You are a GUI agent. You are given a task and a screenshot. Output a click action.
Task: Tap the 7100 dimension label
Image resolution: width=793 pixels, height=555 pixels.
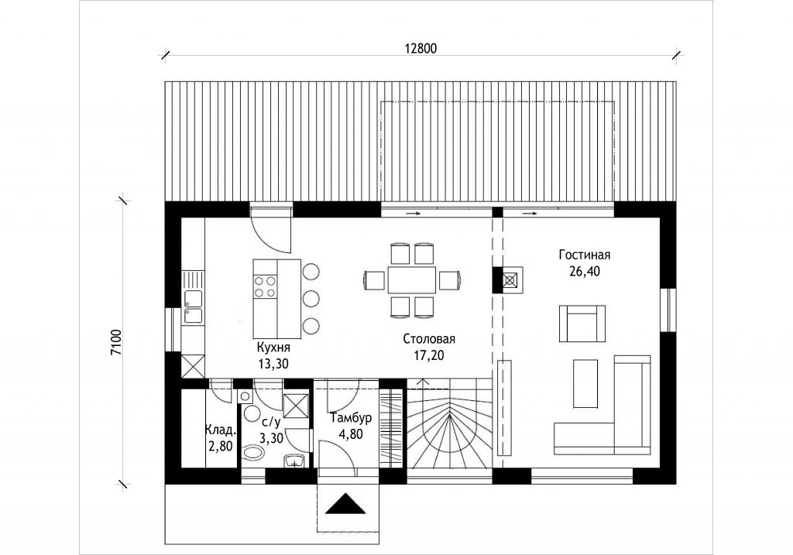point(116,341)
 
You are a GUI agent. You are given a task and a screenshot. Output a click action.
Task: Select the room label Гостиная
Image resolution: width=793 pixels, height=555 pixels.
point(585,255)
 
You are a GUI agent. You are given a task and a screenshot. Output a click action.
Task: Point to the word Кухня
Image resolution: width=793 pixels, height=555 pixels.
point(273,346)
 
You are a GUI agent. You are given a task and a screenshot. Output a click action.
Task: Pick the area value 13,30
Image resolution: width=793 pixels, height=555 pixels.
point(273,362)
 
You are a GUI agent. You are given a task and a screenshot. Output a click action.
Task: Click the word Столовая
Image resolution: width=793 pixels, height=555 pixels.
point(428,339)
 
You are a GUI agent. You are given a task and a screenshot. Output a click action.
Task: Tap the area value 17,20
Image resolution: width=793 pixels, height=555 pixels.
point(428,355)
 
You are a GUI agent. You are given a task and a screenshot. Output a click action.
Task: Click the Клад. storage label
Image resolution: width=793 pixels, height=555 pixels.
point(220,430)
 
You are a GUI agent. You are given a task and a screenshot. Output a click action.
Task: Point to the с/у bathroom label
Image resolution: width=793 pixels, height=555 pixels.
point(272,423)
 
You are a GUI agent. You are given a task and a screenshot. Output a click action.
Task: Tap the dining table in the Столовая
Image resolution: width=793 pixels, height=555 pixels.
point(412,279)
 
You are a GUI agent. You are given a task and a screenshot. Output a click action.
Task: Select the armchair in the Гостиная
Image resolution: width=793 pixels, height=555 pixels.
point(582,323)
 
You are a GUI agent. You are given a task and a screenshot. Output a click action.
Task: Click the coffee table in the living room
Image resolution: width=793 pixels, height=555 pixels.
point(586,383)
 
